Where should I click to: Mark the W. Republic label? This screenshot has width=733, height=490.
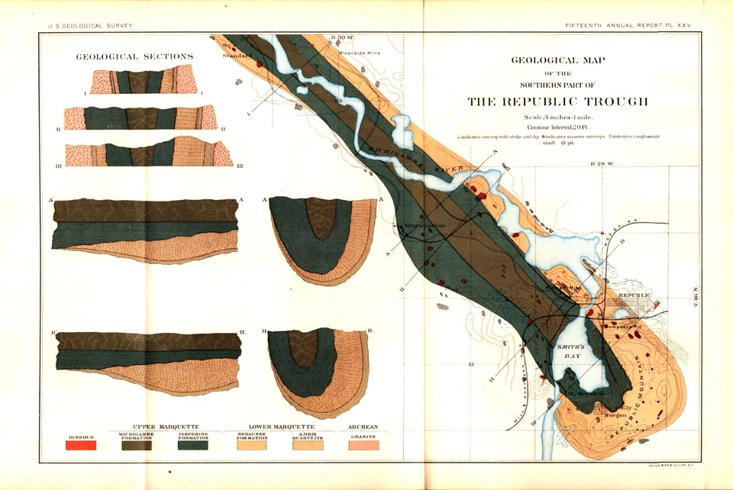[586, 393]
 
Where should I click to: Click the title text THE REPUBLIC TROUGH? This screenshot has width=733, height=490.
[557, 102]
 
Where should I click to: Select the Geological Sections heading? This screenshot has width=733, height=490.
[134, 56]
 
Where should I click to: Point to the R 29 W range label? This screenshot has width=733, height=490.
[603, 163]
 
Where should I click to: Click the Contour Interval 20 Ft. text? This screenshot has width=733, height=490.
[558, 126]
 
